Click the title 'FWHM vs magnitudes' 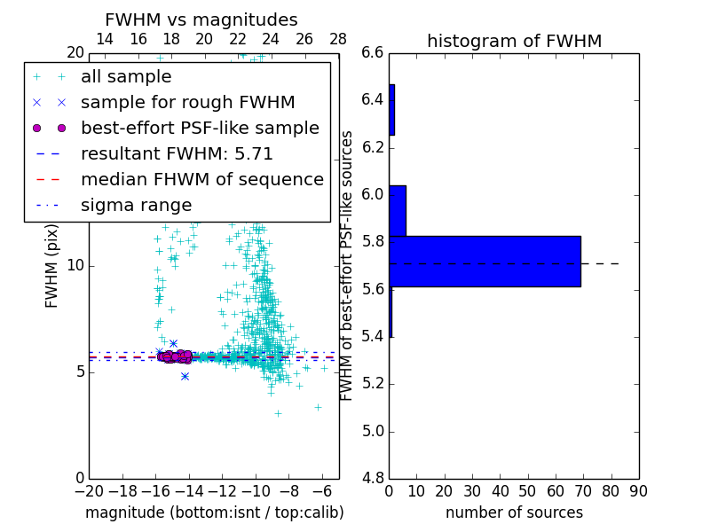pos(201,20)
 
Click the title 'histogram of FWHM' pos(514,41)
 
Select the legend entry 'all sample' pos(126,77)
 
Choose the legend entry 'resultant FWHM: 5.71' pos(177,154)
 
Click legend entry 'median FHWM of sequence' pos(201,180)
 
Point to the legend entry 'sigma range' pos(136,206)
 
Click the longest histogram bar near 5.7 pos(485,262)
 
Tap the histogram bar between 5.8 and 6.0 pos(398,211)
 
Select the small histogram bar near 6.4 pos(391,110)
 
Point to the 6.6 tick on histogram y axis pos(373,52)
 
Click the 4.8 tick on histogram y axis pos(373,478)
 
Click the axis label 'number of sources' pos(514,512)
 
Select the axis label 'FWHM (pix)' pos(52,265)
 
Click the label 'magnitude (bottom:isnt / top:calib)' pos(214,512)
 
